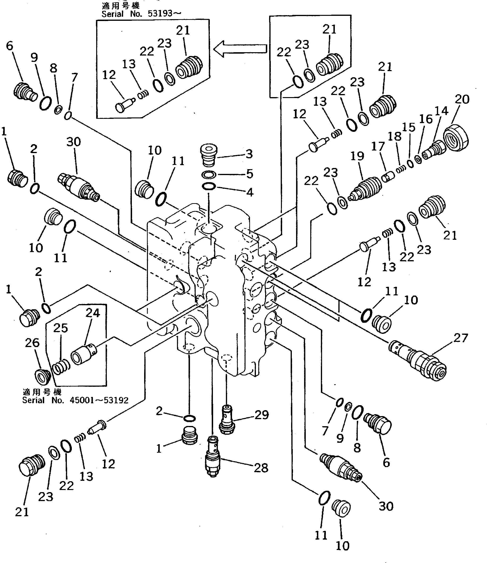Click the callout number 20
click(x=462, y=99)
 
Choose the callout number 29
click(x=261, y=415)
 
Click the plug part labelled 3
click(x=209, y=155)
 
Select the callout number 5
click(x=250, y=174)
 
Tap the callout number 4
click(x=250, y=192)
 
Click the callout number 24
click(x=93, y=313)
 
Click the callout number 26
click(x=32, y=343)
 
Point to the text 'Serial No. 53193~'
click(x=141, y=14)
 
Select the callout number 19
click(x=357, y=156)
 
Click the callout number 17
click(x=378, y=146)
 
